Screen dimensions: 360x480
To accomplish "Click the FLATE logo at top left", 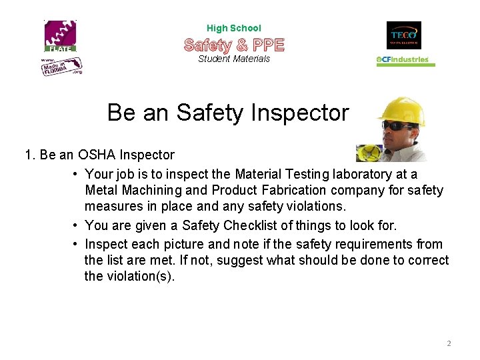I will point(61,36).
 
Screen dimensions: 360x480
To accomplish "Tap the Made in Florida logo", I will point(62,65).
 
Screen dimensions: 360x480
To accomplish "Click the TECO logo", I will point(403,35).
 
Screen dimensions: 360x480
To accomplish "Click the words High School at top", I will point(234,28).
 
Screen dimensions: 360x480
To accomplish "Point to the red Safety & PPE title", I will point(234,45).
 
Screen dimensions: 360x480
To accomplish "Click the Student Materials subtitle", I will point(234,59).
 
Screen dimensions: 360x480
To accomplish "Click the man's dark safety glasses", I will point(397,125).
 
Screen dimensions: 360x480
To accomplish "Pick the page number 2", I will point(449,343).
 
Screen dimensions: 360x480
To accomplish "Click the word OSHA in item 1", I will point(97,155).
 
